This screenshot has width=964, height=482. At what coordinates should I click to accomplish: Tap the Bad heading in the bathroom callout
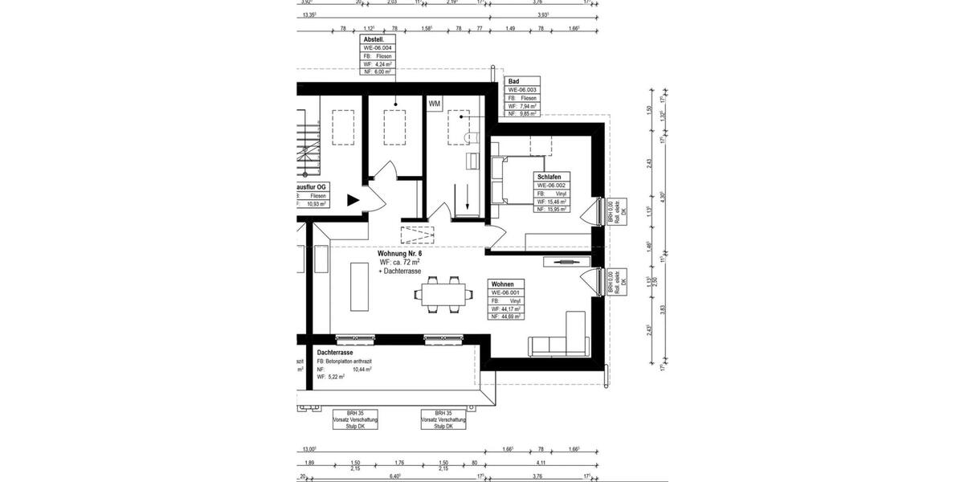pyautogui.click(x=513, y=82)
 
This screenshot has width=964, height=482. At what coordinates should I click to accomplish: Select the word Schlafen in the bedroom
pyautogui.click(x=550, y=176)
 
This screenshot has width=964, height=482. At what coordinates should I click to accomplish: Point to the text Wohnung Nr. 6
pyautogui.click(x=399, y=254)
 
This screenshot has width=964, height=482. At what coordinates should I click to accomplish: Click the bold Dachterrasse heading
pyautogui.click(x=335, y=353)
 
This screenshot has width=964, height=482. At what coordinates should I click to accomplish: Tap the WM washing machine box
pyautogui.click(x=435, y=104)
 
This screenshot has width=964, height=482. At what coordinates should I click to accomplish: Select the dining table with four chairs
pyautogui.click(x=441, y=295)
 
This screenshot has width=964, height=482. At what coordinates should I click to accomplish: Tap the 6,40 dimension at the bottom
pyautogui.click(x=394, y=476)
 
